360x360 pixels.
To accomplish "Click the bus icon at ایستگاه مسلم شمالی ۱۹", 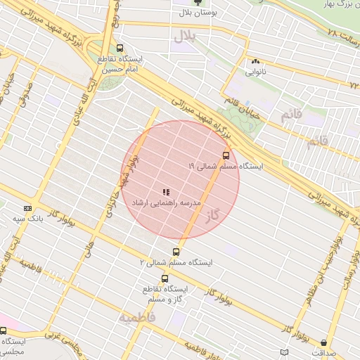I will click(226, 155).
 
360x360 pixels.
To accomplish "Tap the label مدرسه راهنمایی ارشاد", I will click(167, 202).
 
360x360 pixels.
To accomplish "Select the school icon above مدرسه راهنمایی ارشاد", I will click(166, 192).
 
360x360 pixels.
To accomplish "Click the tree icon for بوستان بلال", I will click(216, 4).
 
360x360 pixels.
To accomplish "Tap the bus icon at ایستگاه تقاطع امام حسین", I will click(120, 49).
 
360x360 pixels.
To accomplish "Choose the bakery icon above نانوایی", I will click(255, 62).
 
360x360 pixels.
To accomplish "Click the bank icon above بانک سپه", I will click(27, 208).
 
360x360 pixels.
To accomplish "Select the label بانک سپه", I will click(27, 219).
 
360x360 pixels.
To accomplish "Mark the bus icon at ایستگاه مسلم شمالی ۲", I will click(176, 252).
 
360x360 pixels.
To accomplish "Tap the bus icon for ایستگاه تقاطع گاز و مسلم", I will click(165, 278).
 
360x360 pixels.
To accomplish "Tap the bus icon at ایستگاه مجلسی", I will click(4, 330).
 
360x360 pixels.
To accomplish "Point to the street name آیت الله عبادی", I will click(88, 91).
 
